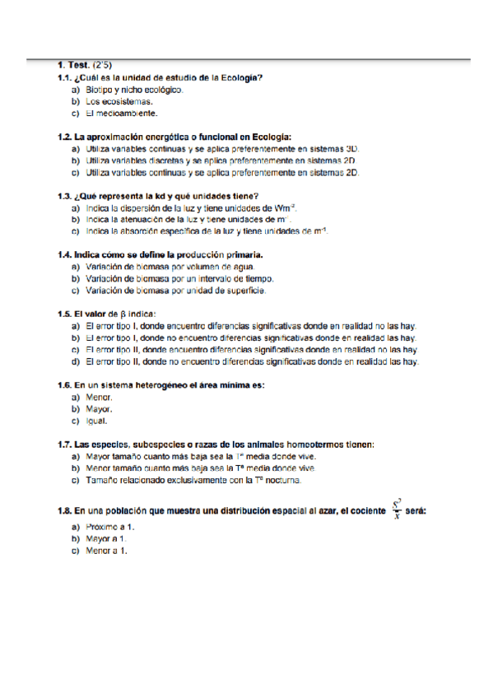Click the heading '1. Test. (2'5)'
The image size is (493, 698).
[x=85, y=63]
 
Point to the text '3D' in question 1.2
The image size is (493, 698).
[x=352, y=149]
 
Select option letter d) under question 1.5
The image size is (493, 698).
[x=75, y=361]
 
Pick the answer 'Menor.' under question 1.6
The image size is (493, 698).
[x=99, y=397]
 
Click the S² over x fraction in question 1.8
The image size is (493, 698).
[x=397, y=510]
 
